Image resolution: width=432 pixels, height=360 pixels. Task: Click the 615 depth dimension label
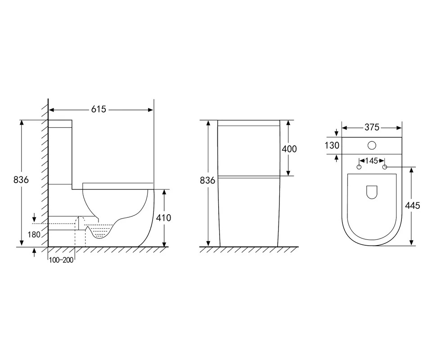[99, 109]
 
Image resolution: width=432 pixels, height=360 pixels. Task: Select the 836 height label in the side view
[21, 180]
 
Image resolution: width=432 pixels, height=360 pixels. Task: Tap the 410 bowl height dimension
[163, 218]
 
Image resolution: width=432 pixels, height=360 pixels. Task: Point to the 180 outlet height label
[34, 234]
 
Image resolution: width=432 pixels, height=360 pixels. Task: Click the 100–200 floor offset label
[61, 260]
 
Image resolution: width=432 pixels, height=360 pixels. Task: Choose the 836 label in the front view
[207, 180]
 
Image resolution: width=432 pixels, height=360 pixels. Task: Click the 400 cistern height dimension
[289, 149]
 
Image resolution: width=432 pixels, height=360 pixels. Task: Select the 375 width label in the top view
[372, 127]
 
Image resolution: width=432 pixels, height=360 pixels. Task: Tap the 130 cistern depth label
[332, 145]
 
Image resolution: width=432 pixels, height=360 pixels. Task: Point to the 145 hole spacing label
[372, 161]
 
